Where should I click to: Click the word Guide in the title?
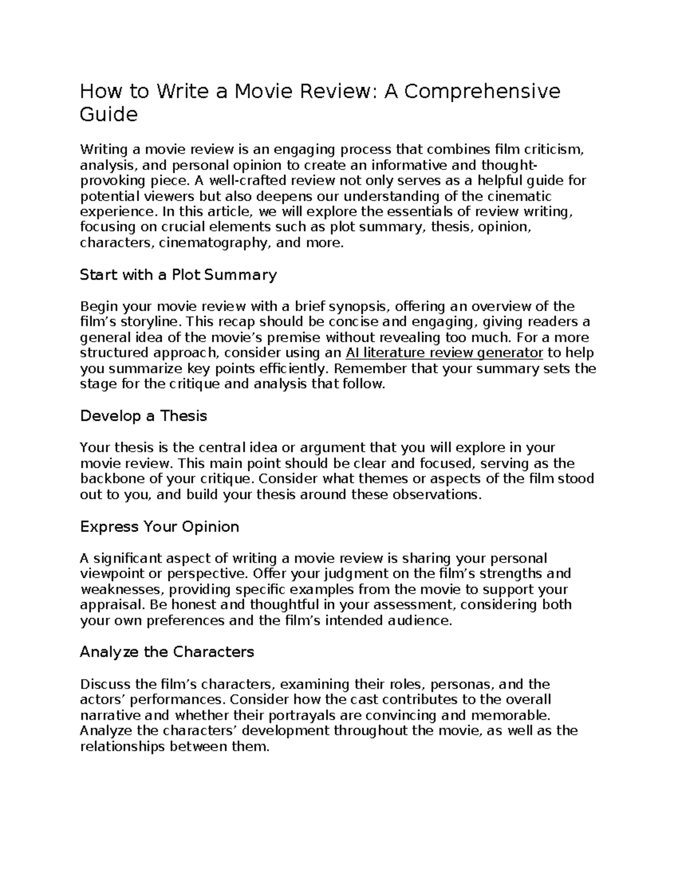(x=108, y=115)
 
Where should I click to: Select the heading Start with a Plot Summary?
(x=178, y=275)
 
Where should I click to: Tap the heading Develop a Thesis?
(x=144, y=416)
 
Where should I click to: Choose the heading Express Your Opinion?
(x=159, y=527)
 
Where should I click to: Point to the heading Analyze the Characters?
(x=167, y=652)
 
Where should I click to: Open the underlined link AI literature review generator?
(x=444, y=354)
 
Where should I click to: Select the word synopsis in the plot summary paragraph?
(x=359, y=307)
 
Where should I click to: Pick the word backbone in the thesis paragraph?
(x=108, y=479)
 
